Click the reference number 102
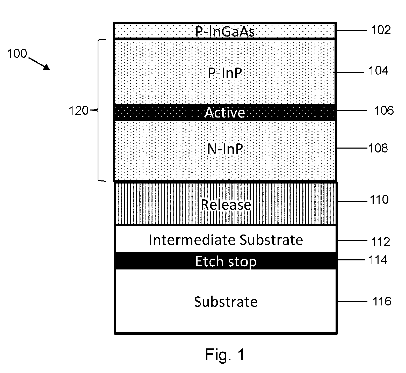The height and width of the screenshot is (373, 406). (x=381, y=30)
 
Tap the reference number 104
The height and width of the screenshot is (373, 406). (x=378, y=70)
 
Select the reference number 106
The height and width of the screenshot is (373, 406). (x=384, y=111)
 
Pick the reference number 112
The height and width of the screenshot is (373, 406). (x=381, y=242)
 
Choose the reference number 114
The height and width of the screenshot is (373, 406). (x=378, y=260)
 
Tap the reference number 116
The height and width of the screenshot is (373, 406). (x=382, y=301)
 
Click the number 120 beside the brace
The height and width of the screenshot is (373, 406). (x=78, y=111)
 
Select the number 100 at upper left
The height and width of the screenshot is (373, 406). (x=17, y=54)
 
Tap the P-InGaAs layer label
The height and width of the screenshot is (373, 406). (x=225, y=32)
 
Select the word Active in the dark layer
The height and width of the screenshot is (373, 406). (x=225, y=113)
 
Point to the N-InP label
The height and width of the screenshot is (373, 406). (x=225, y=149)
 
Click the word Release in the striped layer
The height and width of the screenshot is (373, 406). (x=226, y=204)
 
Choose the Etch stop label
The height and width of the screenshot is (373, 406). (x=226, y=261)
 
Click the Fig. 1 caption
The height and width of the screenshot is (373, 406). (x=225, y=354)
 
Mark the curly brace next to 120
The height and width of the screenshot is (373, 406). (x=98, y=110)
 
